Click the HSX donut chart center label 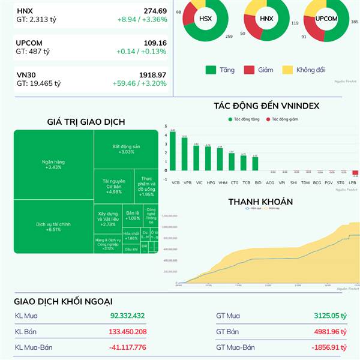tap(206, 19)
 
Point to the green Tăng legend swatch tap(210, 70)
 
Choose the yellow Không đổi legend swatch tap(286, 70)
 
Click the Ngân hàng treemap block tap(53, 164)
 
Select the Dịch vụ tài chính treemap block tap(53, 226)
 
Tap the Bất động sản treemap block tap(126, 149)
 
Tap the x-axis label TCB tap(245, 182)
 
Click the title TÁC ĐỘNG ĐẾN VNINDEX tap(266, 106)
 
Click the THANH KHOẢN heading tap(260, 202)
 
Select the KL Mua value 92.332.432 tap(128, 316)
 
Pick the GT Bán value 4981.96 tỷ tap(331, 331)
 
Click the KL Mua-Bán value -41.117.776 tap(128, 347)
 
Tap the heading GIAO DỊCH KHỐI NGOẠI tap(63, 301)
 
